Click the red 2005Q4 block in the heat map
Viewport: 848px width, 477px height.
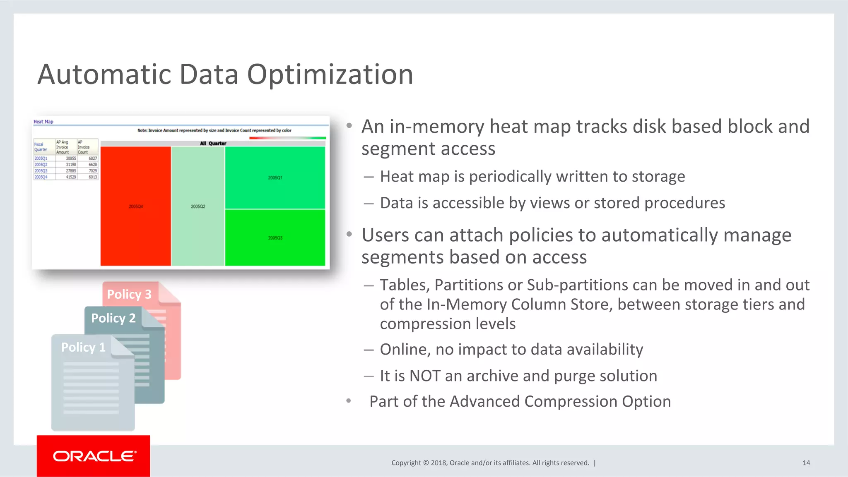135,206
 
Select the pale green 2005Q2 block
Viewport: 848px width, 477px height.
198,206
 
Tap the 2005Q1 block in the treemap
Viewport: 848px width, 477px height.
275,177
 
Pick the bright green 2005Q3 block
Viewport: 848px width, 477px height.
275,238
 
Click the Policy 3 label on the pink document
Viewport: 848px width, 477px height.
129,294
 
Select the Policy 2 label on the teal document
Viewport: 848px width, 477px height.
113,318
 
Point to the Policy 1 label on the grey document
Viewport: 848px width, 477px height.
83,347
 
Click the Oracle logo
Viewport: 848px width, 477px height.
94,456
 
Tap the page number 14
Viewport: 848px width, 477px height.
806,463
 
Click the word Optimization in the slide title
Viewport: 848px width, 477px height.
330,74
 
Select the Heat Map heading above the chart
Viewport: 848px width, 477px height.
43,122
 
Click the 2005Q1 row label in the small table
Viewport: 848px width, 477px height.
41,158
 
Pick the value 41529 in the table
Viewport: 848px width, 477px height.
71,177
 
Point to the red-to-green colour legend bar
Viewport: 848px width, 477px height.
287,138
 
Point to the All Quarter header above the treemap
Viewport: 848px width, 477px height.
213,144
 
